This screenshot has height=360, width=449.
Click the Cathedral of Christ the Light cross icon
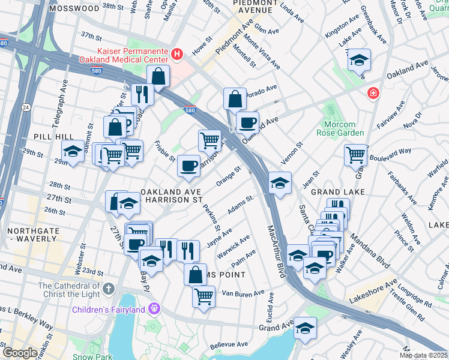tap(108, 289)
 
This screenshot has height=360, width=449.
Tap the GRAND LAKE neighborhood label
tap(334, 191)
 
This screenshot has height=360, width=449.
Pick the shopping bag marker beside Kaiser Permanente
tap(158, 76)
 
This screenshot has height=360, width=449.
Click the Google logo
tap(20, 353)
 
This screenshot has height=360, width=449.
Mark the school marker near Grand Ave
tap(305, 328)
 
